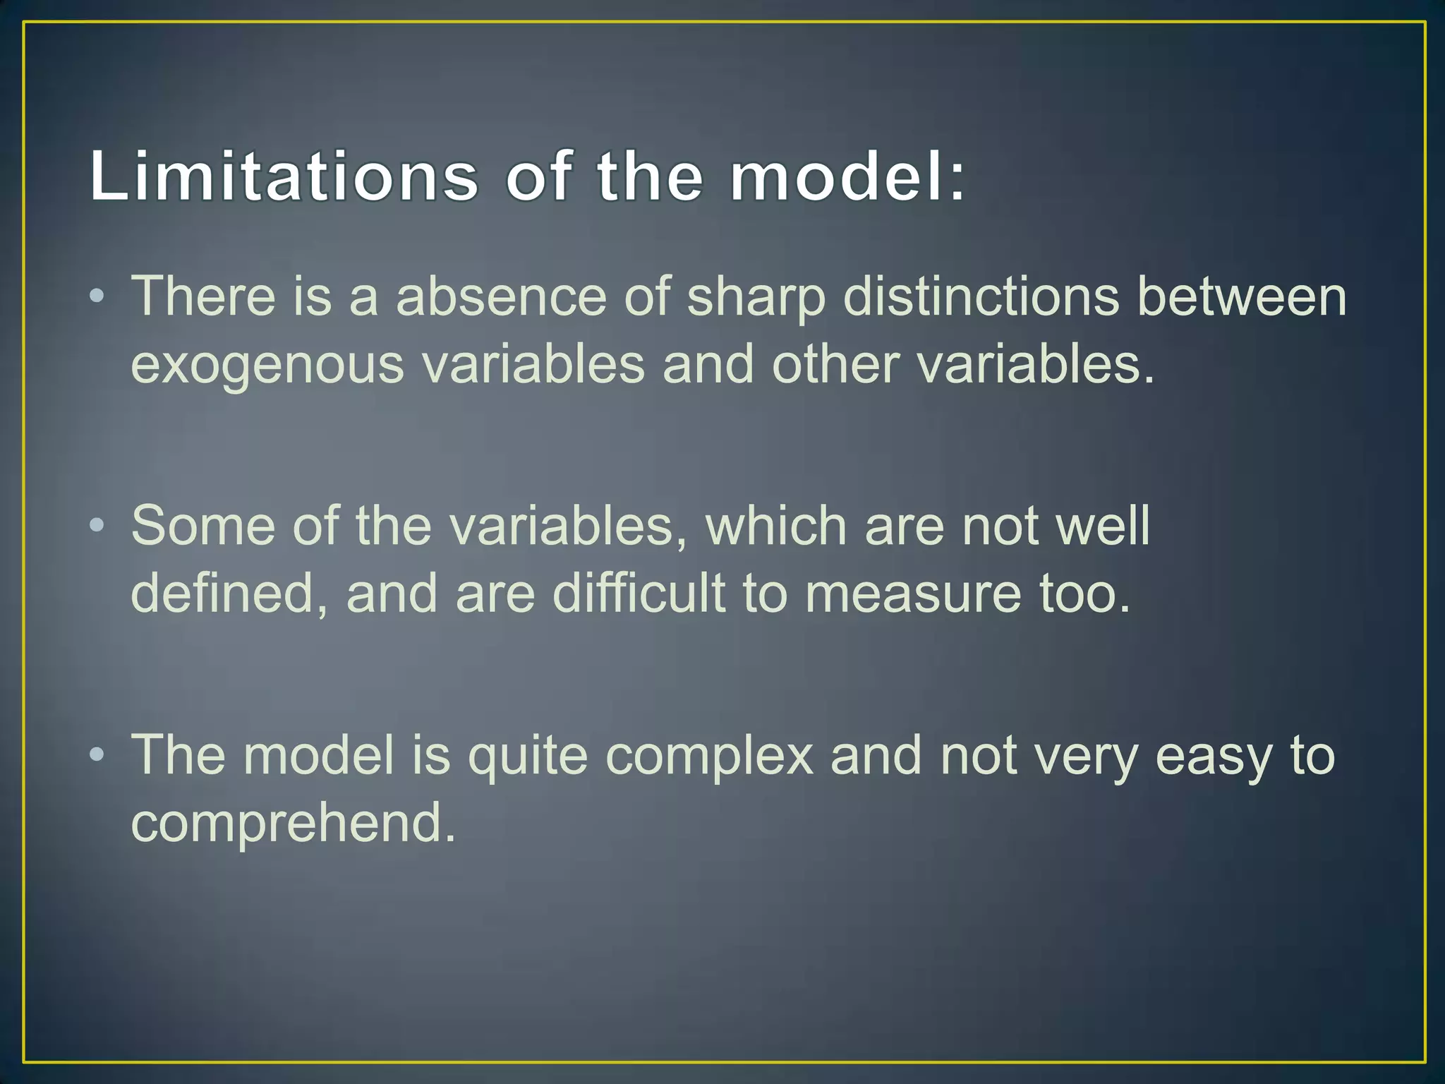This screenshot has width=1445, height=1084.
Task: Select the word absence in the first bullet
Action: [x=501, y=296]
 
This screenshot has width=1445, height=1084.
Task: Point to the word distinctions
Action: [x=981, y=296]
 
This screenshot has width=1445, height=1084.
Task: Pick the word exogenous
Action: [x=267, y=366]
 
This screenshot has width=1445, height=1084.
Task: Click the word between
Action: [x=1242, y=296]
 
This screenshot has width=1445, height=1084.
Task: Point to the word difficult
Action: [x=639, y=593]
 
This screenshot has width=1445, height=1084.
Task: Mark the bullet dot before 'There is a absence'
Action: [x=97, y=296]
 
